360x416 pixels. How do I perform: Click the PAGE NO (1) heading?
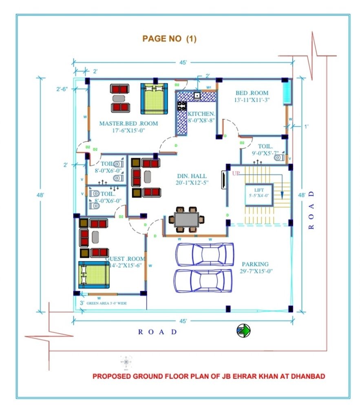169,39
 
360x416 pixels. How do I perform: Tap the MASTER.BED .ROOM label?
128,123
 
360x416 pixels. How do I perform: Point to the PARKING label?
255,264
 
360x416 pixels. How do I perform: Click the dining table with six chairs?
187,219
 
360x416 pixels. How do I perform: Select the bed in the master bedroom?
155,99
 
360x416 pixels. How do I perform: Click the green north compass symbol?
243,331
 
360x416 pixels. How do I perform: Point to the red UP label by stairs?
236,173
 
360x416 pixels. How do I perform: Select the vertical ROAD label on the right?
311,210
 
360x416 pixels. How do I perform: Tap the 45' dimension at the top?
183,62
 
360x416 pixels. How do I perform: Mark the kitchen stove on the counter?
181,106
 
